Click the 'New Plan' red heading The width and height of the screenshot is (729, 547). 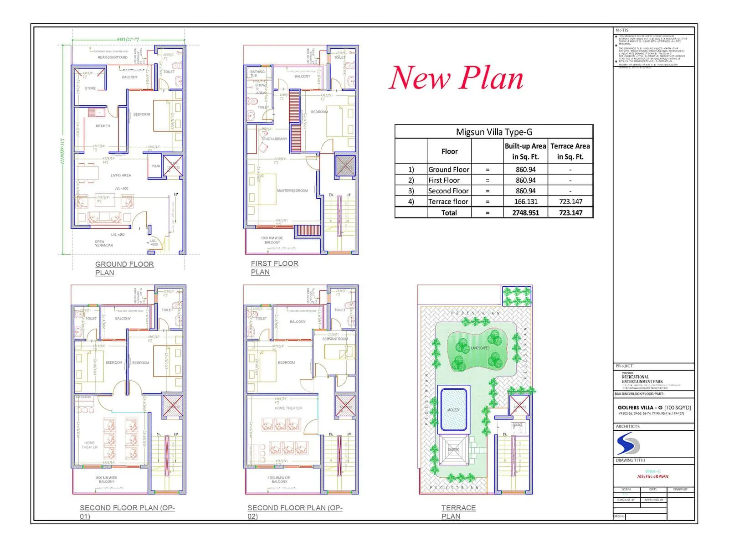click(456, 78)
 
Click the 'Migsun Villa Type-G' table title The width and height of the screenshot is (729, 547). click(494, 132)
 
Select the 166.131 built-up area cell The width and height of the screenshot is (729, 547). click(525, 201)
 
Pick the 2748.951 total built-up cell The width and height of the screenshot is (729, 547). click(525, 212)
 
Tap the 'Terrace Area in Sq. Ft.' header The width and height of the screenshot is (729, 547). click(570, 151)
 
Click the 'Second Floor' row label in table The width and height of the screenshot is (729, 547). click(448, 191)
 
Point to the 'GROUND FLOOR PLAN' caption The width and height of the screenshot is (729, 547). click(124, 268)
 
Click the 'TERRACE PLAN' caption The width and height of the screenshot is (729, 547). click(458, 511)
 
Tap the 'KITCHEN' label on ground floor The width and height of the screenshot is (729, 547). click(103, 126)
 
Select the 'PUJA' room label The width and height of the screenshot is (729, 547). click(155, 166)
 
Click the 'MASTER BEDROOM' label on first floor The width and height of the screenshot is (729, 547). click(292, 191)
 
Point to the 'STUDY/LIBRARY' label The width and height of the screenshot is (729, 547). click(274, 139)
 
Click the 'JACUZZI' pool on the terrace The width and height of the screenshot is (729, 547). click(453, 409)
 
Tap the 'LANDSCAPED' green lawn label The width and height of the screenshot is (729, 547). click(480, 348)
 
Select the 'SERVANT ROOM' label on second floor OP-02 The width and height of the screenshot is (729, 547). click(335, 339)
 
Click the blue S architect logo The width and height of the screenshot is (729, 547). click(628, 444)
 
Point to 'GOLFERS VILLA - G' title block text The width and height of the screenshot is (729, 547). click(640, 408)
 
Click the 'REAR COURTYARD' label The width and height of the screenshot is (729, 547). click(113, 57)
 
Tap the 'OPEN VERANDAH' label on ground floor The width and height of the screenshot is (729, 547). click(104, 243)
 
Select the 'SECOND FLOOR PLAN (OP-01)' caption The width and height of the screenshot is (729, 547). click(127, 511)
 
